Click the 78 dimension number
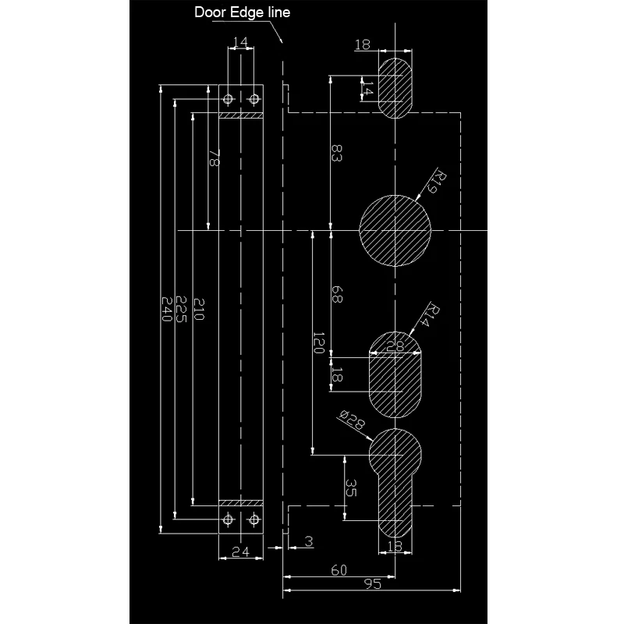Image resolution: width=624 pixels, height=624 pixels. coord(214,159)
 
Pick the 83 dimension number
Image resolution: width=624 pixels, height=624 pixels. coord(337,152)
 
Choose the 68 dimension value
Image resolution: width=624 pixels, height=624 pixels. coord(337,296)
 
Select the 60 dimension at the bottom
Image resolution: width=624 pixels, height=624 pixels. coord(338,570)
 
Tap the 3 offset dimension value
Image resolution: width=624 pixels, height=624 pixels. coord(309,541)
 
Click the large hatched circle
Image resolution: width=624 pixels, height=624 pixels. coord(395,230)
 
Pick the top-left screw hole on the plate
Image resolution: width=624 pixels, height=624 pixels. coord(229,99)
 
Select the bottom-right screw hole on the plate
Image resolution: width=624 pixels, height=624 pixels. coord(254,520)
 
